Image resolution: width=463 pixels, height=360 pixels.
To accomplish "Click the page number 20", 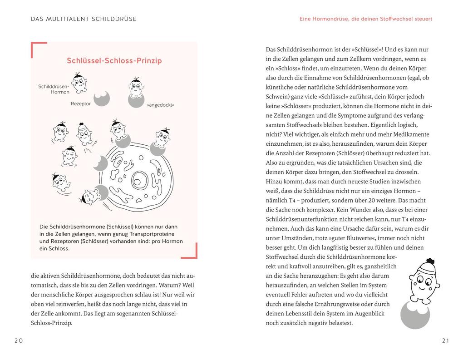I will [x=18, y=340].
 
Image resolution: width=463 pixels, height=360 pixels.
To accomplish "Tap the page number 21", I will [x=445, y=340].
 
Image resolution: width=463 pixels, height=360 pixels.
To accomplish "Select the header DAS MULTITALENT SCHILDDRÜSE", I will [x=84, y=19].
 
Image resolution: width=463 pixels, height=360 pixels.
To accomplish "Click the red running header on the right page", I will [x=366, y=19].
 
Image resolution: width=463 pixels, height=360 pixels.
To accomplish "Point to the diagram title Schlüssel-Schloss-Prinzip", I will [x=114, y=60].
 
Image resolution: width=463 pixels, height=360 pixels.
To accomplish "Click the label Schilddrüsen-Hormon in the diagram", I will [x=54, y=89].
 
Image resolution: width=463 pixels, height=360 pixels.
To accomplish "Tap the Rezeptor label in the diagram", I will [x=81, y=104].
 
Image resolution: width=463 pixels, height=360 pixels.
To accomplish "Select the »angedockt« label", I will [x=160, y=105].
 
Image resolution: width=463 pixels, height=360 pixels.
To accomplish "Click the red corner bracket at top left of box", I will [x=36, y=47].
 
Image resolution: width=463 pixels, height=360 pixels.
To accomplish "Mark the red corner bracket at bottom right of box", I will [x=192, y=253].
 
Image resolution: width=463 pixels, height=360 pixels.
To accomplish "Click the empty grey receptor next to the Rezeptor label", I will [x=102, y=99].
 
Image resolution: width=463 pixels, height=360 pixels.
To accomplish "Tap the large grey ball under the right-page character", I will [x=415, y=315].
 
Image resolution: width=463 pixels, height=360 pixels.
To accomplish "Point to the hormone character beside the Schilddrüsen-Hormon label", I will [x=79, y=83].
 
